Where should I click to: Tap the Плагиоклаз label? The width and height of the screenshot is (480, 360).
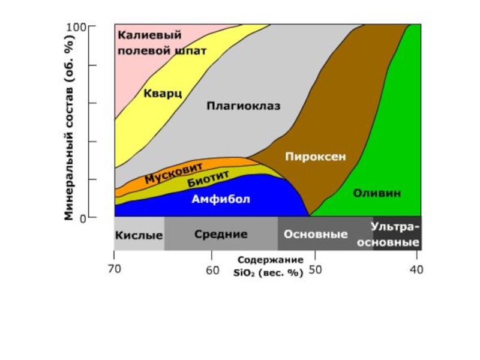(244, 106)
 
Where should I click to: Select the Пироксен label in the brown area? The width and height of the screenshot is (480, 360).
(316, 156)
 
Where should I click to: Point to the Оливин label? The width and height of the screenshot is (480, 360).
(377, 193)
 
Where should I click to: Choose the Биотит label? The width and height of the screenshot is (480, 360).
(208, 178)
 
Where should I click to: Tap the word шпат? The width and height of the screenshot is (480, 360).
(190, 51)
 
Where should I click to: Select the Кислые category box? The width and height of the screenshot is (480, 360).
(139, 234)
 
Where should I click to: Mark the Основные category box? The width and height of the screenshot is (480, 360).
(316, 234)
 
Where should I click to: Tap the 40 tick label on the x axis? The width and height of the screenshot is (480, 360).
(415, 270)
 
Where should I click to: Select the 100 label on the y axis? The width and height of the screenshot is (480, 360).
(76, 27)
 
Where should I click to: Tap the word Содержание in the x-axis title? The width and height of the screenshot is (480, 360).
(269, 261)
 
